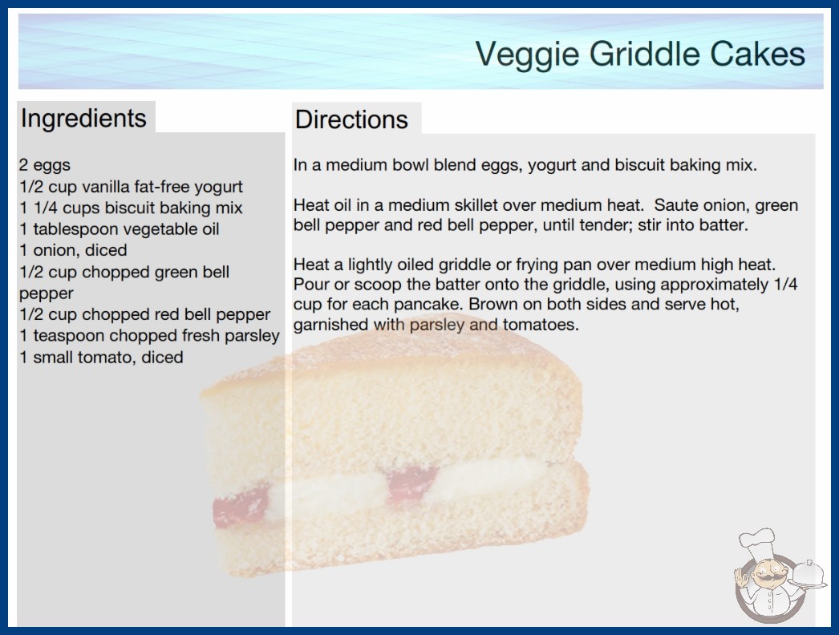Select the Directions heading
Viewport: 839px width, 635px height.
[351, 119]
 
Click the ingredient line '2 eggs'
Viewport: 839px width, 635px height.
[45, 165]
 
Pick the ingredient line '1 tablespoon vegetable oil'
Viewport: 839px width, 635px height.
[120, 229]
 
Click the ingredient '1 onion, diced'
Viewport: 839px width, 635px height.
[73, 250]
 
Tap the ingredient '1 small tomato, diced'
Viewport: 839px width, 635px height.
[101, 358]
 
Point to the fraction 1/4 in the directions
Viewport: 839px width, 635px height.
[785, 284]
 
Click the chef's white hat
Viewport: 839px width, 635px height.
[758, 540]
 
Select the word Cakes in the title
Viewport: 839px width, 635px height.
[757, 55]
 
